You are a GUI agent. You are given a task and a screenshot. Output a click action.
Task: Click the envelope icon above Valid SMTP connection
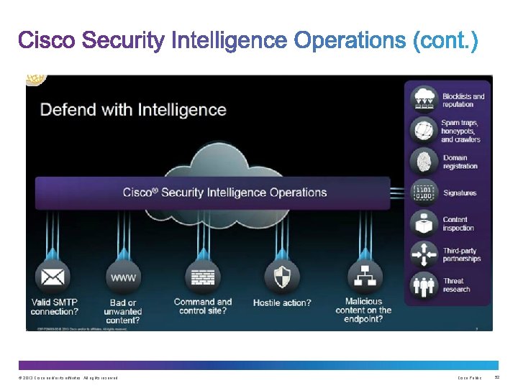pos(51,277)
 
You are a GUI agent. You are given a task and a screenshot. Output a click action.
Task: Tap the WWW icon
pos(123,277)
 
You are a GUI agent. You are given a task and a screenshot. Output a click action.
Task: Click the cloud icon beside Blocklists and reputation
pos(424,99)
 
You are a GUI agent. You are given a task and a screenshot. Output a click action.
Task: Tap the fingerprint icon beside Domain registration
pos(424,162)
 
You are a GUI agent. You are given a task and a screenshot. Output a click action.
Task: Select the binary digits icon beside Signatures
pos(424,193)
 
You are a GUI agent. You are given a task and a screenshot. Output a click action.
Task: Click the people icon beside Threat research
pos(424,285)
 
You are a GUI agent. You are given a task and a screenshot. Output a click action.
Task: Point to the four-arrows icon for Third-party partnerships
pos(424,254)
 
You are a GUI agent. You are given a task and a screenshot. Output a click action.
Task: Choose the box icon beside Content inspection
pos(424,223)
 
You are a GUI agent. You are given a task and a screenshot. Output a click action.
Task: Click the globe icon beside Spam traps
pos(424,131)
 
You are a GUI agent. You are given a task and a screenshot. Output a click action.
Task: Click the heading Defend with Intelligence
pos(133,110)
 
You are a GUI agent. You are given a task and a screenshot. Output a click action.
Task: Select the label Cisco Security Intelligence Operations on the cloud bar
pos(224,193)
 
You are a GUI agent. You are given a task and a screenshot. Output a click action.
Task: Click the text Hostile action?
pos(282,302)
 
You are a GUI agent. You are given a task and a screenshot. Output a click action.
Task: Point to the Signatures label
pos(460,193)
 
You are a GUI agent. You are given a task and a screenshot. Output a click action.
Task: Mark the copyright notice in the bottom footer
pos(68,378)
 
